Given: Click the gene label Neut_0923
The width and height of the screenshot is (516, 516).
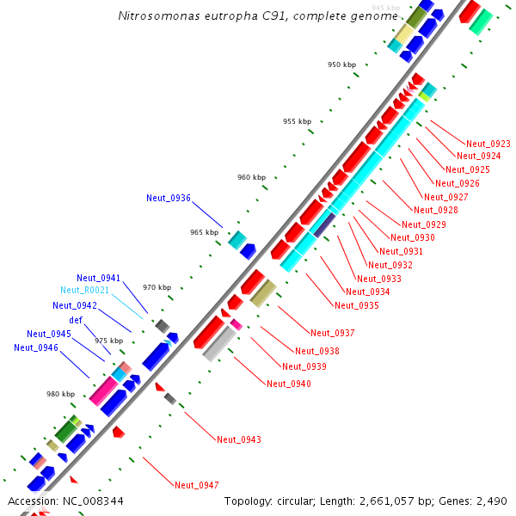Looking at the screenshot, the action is pyautogui.click(x=488, y=144).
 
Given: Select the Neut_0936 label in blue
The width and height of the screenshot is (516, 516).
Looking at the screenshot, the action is pyautogui.click(x=169, y=198).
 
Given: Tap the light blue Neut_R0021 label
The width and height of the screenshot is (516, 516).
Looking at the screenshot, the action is pyautogui.click(x=84, y=291).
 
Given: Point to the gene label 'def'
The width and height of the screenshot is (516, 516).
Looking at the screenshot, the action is pyautogui.click(x=76, y=320).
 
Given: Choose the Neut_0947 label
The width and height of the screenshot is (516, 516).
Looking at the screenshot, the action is pyautogui.click(x=197, y=485).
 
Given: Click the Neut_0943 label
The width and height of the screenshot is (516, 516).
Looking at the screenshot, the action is pyautogui.click(x=239, y=439).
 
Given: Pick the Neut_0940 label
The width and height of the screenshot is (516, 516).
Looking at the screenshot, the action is pyautogui.click(x=289, y=384).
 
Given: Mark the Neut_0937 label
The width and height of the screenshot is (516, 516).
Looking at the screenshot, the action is pyautogui.click(x=333, y=333).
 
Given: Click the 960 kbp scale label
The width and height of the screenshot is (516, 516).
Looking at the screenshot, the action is pyautogui.click(x=252, y=177).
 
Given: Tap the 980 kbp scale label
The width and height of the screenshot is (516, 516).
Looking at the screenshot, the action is pyautogui.click(x=61, y=394).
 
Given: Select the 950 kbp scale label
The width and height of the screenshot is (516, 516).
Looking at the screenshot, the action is pyautogui.click(x=341, y=64).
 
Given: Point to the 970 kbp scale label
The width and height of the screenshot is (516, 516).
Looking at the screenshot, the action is pyautogui.click(x=157, y=287).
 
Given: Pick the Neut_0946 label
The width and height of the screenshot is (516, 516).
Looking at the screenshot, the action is pyautogui.click(x=36, y=347).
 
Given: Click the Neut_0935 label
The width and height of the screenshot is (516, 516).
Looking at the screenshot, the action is pyautogui.click(x=357, y=305).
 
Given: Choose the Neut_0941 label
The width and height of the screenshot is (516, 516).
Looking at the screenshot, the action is pyautogui.click(x=99, y=278).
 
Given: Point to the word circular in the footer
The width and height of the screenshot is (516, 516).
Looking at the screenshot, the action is pyautogui.click(x=292, y=501).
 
